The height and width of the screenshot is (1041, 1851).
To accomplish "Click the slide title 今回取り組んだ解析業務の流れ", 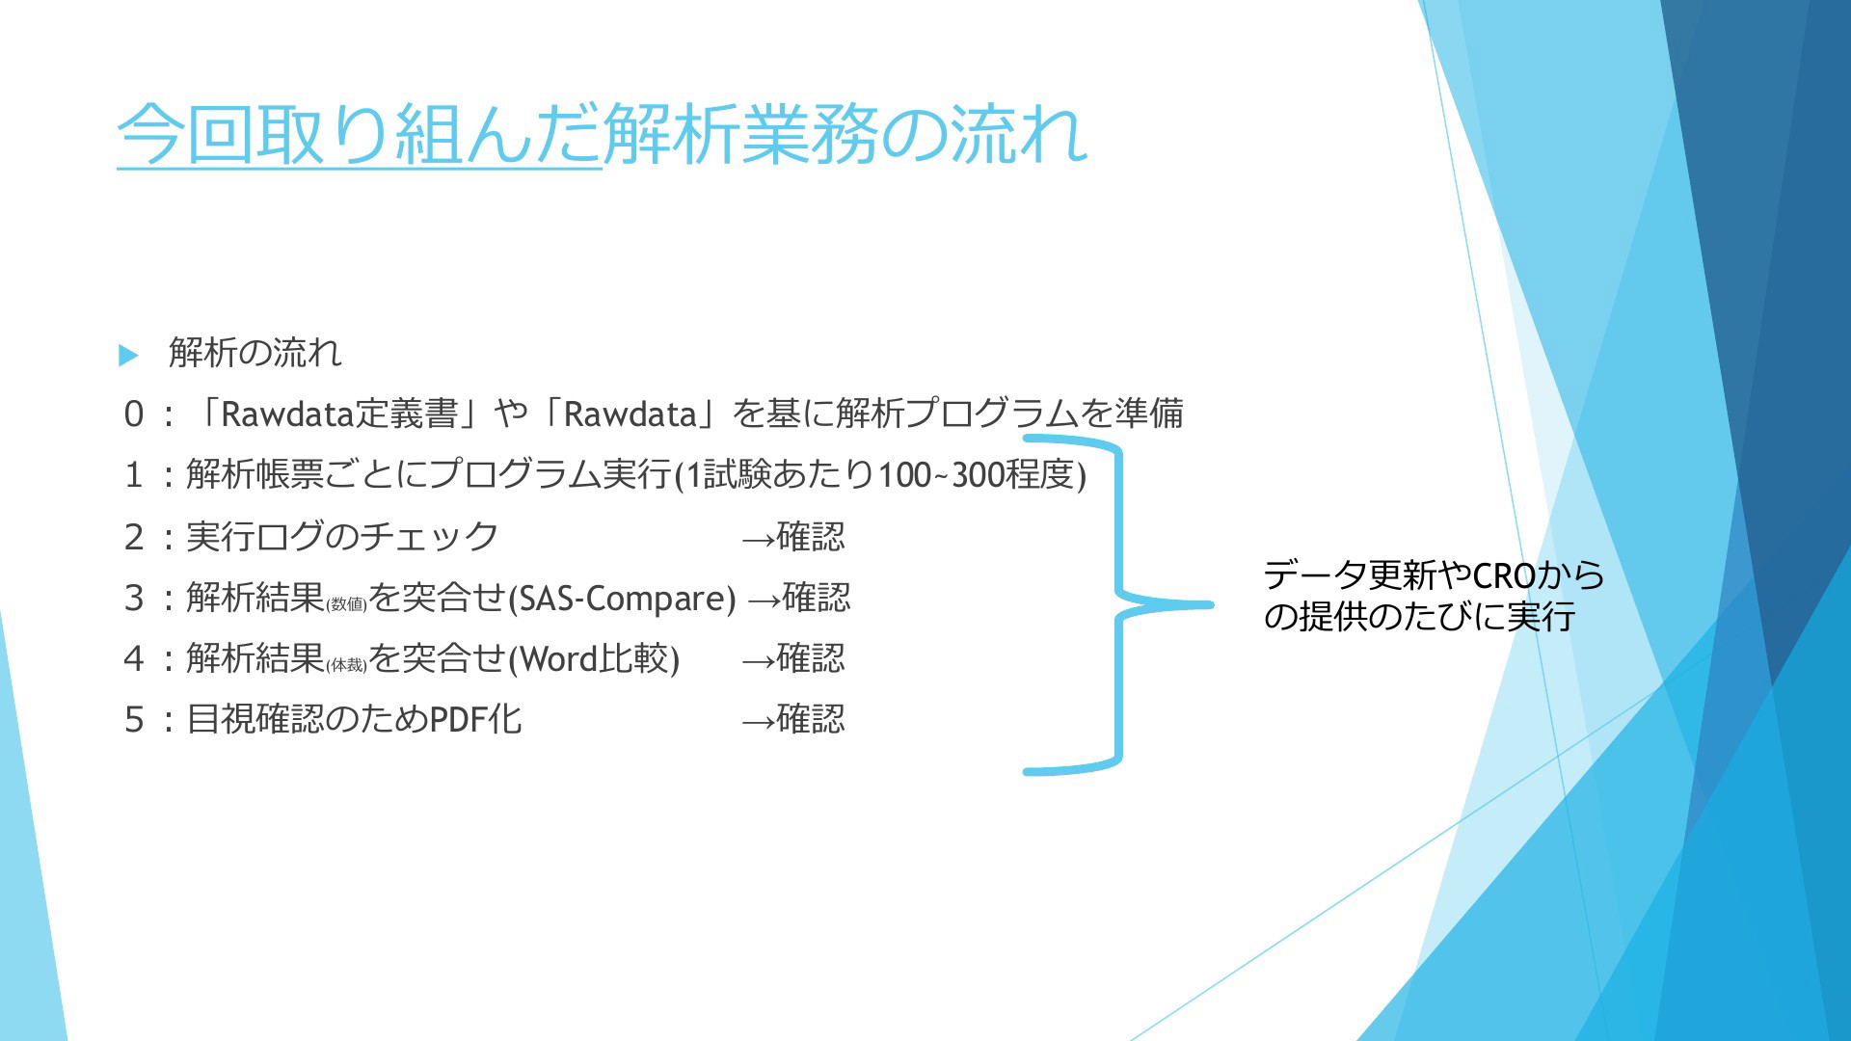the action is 603,134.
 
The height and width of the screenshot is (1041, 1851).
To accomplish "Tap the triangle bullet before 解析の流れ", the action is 128,355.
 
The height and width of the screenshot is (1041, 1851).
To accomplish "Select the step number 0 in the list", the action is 133,414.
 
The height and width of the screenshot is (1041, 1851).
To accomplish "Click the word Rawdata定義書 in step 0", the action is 339,414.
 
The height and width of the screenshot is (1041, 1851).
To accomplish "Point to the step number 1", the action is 133,475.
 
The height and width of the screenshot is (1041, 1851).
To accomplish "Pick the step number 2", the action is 133,537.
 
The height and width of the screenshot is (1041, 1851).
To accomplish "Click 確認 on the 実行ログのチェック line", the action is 811,537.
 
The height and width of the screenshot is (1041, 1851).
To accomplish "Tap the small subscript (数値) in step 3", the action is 347,605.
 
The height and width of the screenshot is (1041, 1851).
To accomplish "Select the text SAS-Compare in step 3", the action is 622,599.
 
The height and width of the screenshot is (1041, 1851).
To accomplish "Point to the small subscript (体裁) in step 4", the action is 347,666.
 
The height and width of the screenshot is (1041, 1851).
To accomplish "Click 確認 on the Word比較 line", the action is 811,659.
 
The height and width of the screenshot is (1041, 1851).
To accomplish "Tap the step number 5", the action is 133,720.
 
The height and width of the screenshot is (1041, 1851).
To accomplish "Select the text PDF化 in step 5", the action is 475,720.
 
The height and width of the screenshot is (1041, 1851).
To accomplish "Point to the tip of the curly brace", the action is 1211,605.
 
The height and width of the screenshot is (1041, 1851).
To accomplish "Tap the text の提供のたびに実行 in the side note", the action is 1419,617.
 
